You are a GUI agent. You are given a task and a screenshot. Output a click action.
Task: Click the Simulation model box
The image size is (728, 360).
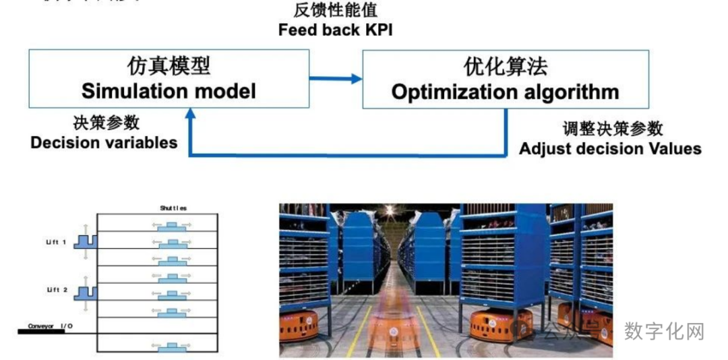(x=169, y=78)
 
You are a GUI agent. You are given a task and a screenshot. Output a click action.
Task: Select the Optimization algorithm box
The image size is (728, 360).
(x=506, y=78)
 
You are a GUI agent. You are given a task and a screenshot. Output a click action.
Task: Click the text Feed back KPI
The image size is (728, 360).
(x=335, y=30)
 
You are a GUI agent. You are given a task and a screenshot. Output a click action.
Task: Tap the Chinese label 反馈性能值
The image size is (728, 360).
(x=336, y=11)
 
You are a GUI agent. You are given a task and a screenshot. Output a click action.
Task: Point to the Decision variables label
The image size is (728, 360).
(x=104, y=142)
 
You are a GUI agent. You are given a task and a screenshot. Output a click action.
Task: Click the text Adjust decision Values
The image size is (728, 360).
(x=610, y=148)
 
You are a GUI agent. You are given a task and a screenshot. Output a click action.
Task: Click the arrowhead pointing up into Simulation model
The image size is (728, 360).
(x=191, y=114)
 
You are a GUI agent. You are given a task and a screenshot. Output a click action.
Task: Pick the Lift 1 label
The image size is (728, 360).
(x=57, y=242)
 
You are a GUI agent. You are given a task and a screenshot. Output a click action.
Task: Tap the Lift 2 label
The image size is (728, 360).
(x=57, y=289)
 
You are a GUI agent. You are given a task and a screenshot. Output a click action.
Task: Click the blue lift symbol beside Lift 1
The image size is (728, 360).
(x=86, y=241)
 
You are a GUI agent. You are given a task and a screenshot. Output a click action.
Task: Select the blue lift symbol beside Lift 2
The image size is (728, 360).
(x=86, y=292)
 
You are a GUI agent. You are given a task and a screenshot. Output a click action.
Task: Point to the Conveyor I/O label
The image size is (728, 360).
(x=51, y=327)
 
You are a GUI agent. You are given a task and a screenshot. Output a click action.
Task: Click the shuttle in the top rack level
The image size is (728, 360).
(x=174, y=225)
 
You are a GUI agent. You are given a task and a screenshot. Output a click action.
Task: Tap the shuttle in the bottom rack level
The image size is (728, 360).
(x=174, y=347)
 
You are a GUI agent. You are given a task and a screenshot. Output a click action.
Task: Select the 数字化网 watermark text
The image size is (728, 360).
(x=664, y=332)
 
